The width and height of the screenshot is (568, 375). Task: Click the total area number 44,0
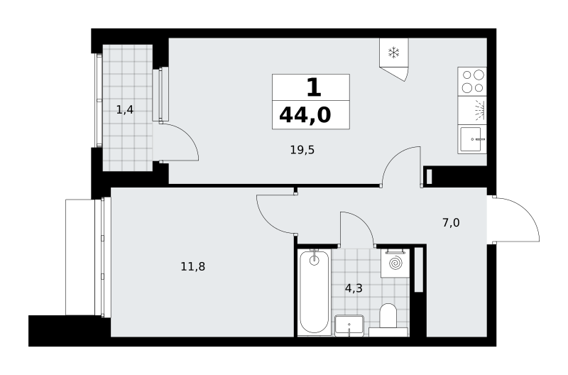[305, 115]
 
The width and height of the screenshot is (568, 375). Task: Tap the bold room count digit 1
[314, 87]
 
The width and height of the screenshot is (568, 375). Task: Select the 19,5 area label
[302, 150]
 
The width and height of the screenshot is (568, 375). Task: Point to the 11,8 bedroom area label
[192, 266]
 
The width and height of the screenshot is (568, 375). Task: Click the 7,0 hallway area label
[451, 222]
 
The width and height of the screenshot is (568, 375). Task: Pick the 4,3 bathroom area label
[354, 288]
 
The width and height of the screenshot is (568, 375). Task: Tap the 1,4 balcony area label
[125, 109]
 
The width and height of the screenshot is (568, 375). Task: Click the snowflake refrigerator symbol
[393, 53]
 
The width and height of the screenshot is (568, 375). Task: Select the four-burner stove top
[472, 81]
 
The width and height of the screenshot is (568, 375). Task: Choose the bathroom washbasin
[349, 325]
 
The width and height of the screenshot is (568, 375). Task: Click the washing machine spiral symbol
[395, 263]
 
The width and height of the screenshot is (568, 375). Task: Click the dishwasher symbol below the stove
[472, 111]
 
